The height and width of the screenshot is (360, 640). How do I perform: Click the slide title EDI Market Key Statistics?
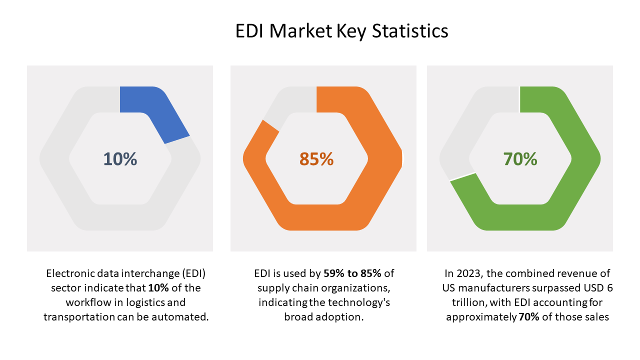pyautogui.click(x=341, y=31)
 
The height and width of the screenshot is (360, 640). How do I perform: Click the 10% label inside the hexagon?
pyautogui.click(x=120, y=159)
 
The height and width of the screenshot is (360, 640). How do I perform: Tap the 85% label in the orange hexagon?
pyautogui.click(x=316, y=159)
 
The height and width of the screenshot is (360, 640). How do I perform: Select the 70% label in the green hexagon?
pyautogui.click(x=520, y=159)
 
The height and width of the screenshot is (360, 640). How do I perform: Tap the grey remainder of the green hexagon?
pyautogui.click(x=465, y=130)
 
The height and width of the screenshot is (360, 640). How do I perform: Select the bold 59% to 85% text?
pyautogui.click(x=352, y=273)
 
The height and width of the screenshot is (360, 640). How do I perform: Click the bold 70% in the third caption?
pyautogui.click(x=528, y=317)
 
